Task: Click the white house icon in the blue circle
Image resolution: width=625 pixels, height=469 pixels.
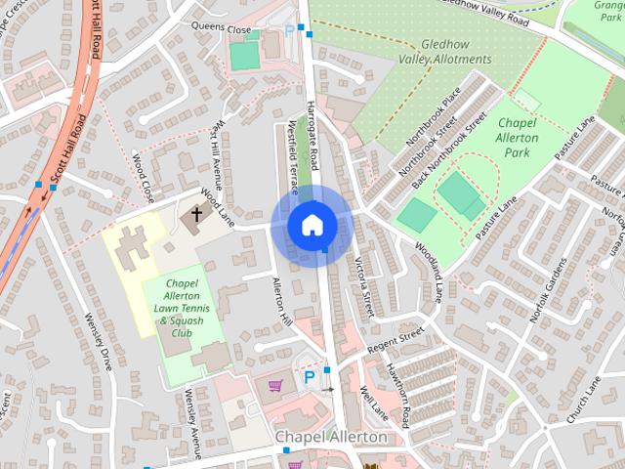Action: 312,225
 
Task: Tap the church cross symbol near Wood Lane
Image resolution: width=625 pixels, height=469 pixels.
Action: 196,213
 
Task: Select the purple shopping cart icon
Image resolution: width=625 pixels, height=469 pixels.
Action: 275,384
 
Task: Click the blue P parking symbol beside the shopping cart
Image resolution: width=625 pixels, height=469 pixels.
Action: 310,377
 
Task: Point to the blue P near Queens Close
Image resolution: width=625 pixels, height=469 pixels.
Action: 289,30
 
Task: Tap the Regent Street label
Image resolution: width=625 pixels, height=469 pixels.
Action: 396,341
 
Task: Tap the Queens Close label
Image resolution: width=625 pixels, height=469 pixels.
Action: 222,26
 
